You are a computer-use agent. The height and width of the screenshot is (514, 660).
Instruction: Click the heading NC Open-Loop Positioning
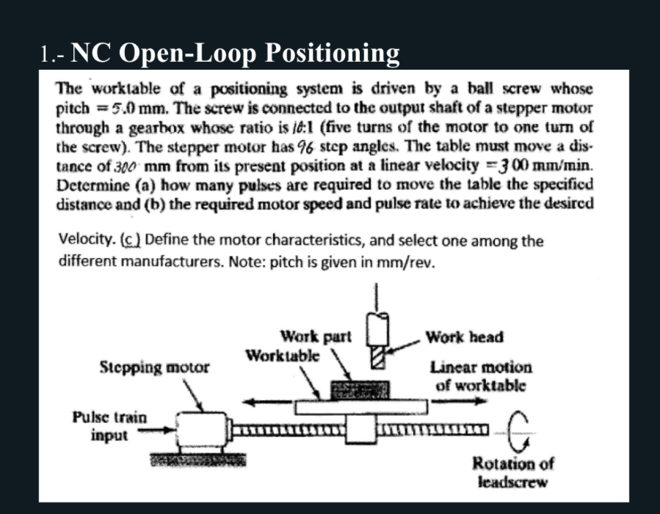click(221, 53)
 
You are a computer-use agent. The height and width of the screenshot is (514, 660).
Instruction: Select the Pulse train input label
click(109, 426)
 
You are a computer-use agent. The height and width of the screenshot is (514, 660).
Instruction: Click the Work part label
click(316, 337)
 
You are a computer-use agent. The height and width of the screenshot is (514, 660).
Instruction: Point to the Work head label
click(464, 337)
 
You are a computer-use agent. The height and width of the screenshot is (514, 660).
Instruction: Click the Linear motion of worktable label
click(481, 375)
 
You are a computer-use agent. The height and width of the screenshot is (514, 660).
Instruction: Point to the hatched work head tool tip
click(379, 358)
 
